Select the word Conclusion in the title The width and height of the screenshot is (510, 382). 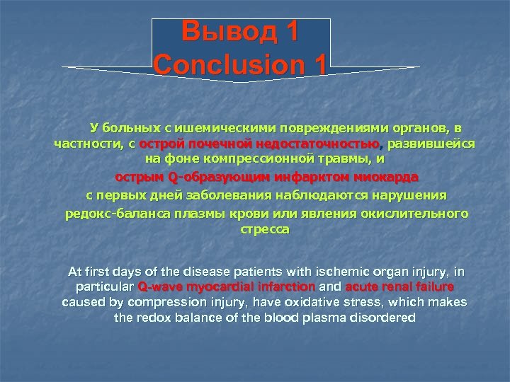coord(225,65)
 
